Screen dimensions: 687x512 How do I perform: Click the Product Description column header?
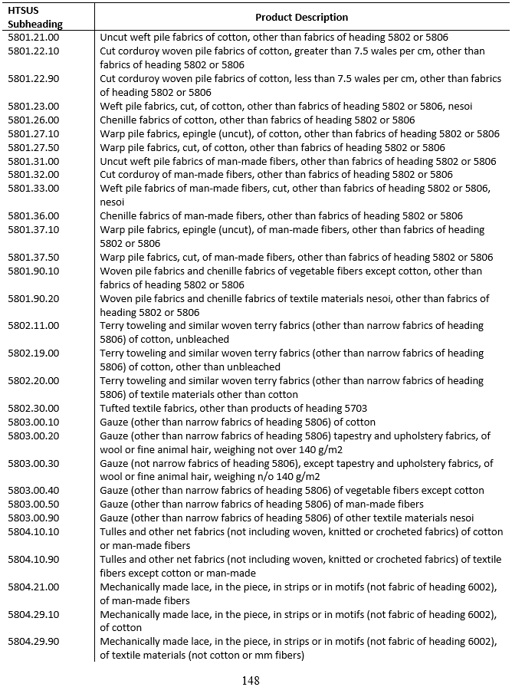(x=301, y=17)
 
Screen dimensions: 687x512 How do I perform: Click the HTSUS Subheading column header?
(x=35, y=17)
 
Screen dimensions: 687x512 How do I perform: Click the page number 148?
(x=251, y=679)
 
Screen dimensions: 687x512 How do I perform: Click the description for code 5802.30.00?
(x=234, y=408)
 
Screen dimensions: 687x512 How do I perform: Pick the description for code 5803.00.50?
(x=261, y=504)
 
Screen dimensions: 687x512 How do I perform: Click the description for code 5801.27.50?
(x=272, y=147)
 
